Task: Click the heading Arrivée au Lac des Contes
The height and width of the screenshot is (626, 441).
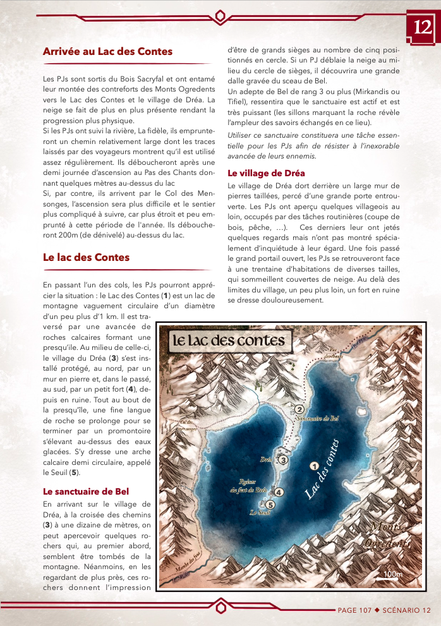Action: (107, 52)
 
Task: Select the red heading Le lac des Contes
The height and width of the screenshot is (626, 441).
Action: (86, 257)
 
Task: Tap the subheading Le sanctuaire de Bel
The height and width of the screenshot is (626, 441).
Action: (86, 491)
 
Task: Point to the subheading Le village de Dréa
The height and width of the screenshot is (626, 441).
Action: (266, 172)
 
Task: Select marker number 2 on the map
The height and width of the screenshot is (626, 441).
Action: (300, 409)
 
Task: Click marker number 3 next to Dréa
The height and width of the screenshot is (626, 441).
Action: (284, 460)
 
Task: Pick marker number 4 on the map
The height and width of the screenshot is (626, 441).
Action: (279, 492)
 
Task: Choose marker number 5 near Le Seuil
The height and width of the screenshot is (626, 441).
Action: (270, 505)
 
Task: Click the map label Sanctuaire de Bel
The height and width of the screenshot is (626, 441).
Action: (318, 419)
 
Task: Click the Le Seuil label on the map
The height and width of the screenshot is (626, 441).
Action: (260, 512)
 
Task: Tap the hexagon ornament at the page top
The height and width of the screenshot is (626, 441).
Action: (220, 15)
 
